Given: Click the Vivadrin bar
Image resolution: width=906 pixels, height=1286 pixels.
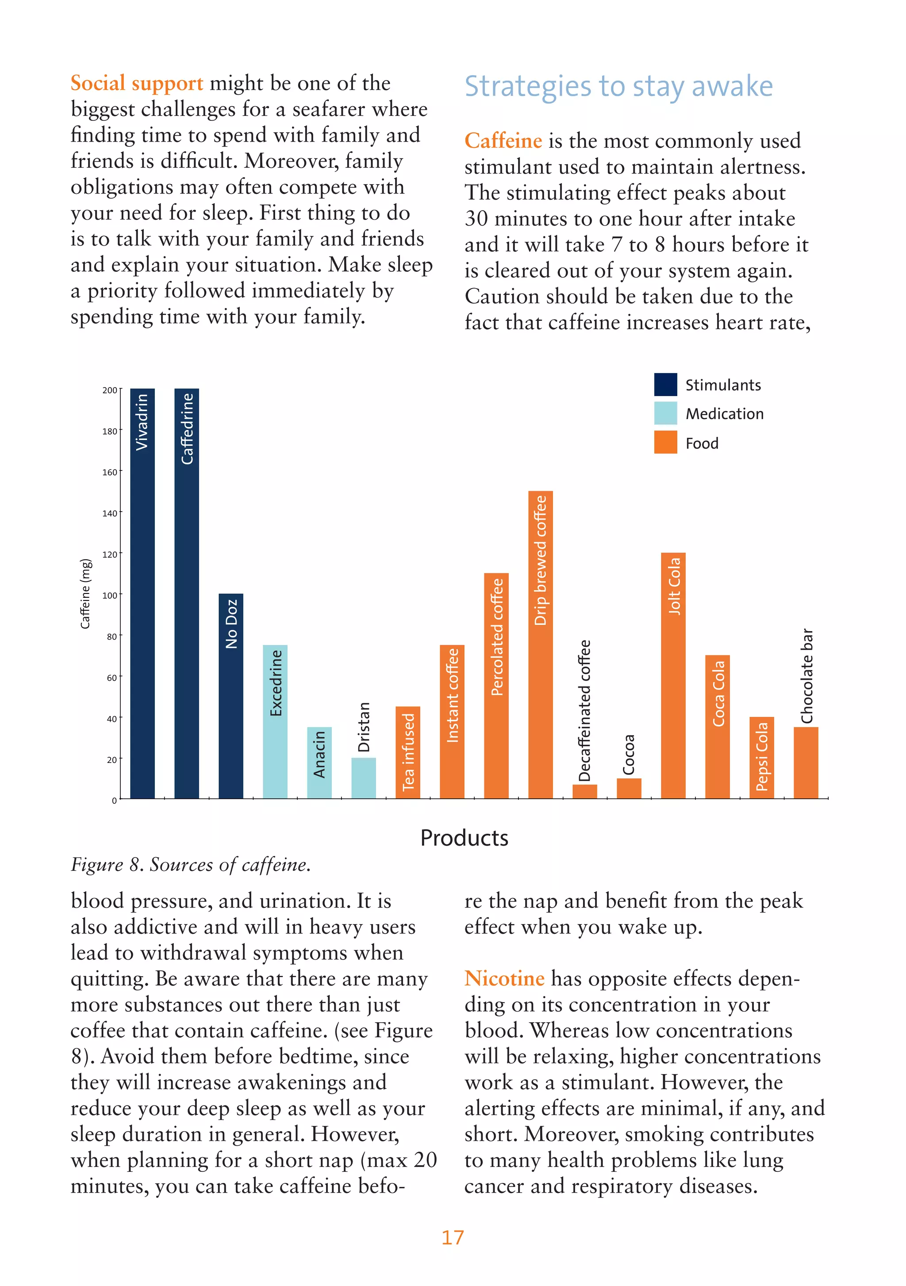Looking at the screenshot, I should point(142,594).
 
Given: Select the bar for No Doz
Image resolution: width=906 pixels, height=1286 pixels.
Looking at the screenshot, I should point(230,696).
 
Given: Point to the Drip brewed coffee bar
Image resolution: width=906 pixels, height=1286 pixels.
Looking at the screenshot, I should point(540,644).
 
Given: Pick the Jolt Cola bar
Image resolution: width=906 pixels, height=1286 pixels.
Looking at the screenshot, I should point(673,675).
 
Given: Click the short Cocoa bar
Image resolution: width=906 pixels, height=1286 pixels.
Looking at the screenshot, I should point(629,789).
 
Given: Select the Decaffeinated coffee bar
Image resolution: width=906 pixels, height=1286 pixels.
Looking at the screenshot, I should point(584,791).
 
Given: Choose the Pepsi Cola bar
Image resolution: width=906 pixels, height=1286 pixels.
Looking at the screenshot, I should point(761,757).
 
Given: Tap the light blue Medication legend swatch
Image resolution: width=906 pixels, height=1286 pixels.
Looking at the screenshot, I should point(665,413).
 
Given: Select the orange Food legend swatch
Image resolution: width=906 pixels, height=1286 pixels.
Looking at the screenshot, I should point(665,443).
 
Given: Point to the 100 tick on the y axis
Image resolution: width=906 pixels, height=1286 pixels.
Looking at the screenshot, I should point(110,595).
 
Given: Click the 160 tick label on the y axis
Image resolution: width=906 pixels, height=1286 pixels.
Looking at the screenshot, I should point(110,472).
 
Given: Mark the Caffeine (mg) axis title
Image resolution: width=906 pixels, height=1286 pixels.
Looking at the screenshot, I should point(85,594).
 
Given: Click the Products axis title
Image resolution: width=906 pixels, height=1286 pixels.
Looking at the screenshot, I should point(464,838).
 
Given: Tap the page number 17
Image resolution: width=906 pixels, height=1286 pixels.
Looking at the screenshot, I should point(453,1237).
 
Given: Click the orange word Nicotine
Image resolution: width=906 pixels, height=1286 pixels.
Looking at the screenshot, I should point(504,978).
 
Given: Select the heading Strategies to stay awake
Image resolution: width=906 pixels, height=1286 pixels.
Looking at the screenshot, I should point(618,87).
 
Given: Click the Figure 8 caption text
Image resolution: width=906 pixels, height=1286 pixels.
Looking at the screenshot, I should point(190,865).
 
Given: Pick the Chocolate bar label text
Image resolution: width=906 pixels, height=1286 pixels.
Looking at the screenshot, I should point(806,676).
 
